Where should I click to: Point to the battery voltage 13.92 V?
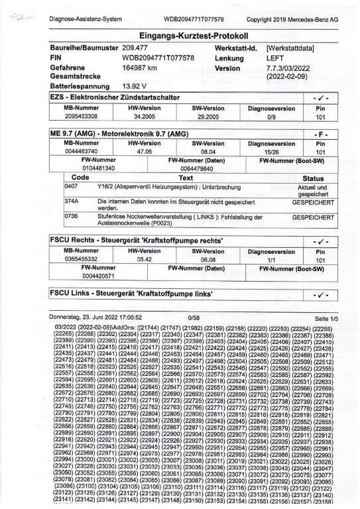coord(137,86)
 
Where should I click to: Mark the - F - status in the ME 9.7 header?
coord(320,134)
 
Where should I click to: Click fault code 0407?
coord(72,168)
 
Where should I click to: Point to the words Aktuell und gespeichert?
coord(313,172)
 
